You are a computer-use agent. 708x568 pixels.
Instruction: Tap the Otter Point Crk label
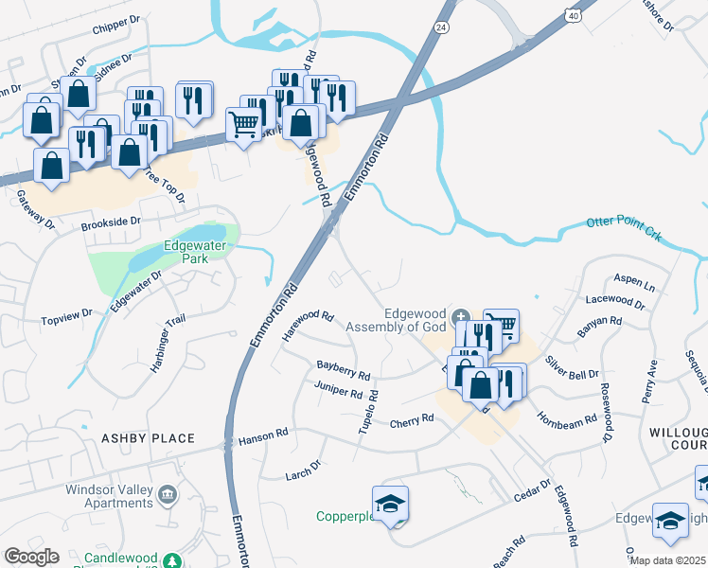pos(624,227)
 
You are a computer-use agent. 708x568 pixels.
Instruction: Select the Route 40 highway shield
pos(575,15)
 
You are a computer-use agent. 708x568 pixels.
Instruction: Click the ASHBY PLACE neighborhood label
pos(149,438)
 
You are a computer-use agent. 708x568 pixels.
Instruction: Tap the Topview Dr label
pos(66,311)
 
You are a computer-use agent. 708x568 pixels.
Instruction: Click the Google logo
pos(31,557)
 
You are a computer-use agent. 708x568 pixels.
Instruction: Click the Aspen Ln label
pos(634,285)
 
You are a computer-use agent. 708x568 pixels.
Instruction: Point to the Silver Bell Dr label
pos(572,368)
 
